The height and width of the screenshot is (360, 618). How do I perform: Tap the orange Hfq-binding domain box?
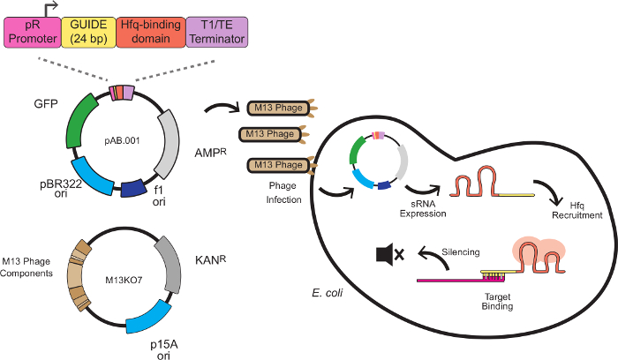(149, 34)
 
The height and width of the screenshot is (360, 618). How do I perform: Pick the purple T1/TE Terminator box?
(216, 34)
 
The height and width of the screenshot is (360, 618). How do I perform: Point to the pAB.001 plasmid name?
(123, 139)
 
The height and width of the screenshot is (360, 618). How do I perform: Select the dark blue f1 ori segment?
(133, 188)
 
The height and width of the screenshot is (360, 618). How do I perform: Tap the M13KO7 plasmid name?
(124, 279)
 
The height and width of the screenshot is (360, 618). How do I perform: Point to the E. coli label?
(328, 290)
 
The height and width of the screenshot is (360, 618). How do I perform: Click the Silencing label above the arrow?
(460, 251)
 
